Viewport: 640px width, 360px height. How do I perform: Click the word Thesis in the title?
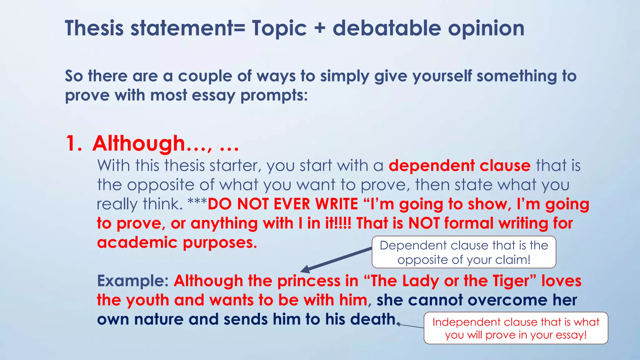[x=94, y=28]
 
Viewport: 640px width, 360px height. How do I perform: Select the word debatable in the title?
[x=387, y=28]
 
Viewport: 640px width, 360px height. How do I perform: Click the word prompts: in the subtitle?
[x=274, y=95]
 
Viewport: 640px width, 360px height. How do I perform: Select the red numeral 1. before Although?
[x=74, y=144]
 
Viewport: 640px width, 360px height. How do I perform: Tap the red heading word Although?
[x=139, y=143]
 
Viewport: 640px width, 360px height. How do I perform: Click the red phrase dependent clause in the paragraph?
[x=459, y=165]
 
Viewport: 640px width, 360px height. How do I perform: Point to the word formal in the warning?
[x=469, y=223]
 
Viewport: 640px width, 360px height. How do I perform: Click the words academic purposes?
[x=177, y=242]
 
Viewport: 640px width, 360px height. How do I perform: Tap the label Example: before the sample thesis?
[x=133, y=281]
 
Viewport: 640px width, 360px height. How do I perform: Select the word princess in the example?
[x=309, y=281]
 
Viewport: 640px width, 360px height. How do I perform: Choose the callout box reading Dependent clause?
[x=464, y=252]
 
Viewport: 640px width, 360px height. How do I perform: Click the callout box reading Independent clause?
[x=516, y=328]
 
